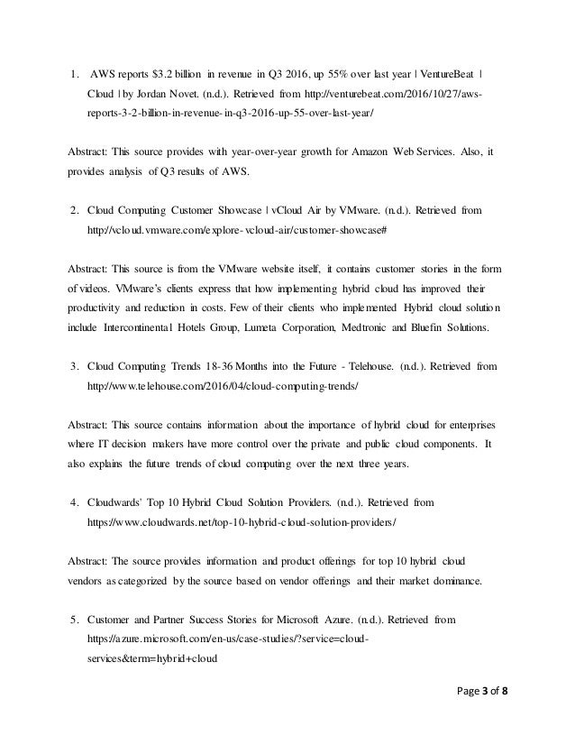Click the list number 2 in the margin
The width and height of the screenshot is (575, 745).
[x=73, y=211]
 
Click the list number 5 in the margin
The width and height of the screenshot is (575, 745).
[x=73, y=621]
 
